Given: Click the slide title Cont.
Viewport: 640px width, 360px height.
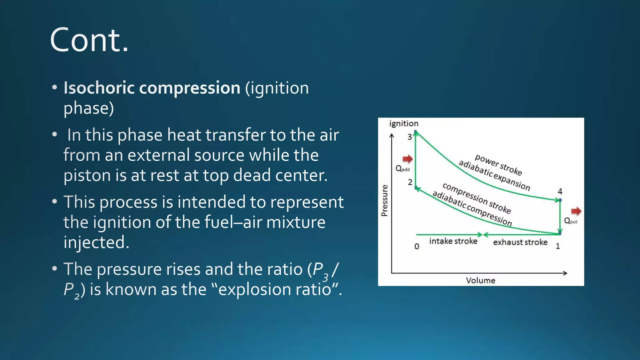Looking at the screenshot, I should click(89, 40).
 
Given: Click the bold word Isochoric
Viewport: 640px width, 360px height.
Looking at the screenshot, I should click(99, 88).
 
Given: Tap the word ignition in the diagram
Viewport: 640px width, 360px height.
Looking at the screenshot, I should click(403, 123).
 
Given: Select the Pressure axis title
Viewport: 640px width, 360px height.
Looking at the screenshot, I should click(385, 200).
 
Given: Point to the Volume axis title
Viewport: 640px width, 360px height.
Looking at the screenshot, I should click(480, 280).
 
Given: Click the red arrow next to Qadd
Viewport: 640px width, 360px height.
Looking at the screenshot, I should click(407, 159).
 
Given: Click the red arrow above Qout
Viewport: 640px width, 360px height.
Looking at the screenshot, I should click(576, 211).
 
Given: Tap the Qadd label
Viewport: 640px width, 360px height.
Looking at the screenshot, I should click(402, 169).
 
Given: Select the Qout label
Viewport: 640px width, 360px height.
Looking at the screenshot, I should click(570, 221).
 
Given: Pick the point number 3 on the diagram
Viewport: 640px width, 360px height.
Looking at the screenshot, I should click(409, 137).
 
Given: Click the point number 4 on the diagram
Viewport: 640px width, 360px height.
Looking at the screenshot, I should click(560, 191).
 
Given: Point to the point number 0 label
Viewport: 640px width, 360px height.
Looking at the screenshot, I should click(417, 246).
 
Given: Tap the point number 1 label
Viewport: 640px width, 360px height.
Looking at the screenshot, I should click(558, 246).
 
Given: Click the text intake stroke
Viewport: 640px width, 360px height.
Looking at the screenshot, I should click(453, 241).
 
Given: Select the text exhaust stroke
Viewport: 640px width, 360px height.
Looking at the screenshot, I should click(520, 242).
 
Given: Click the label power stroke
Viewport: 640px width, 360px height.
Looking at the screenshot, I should click(498, 165).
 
